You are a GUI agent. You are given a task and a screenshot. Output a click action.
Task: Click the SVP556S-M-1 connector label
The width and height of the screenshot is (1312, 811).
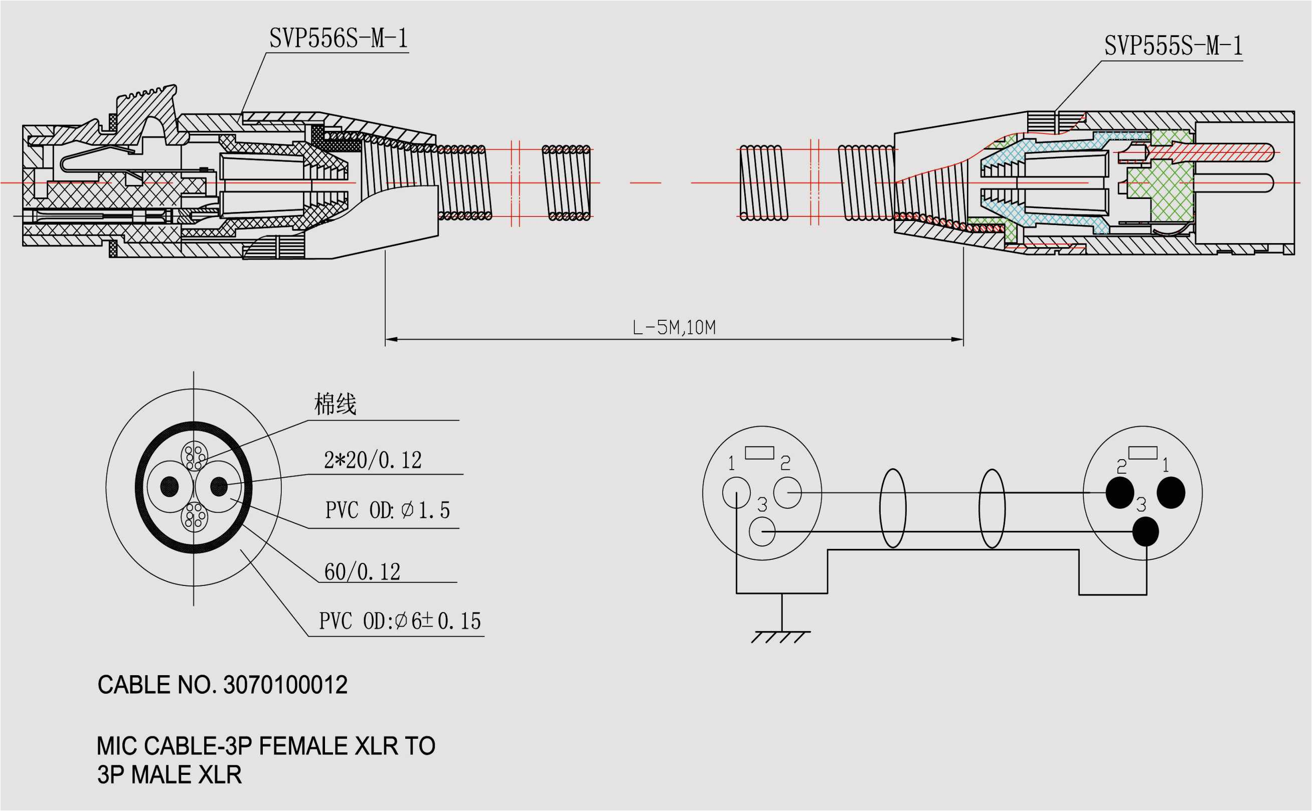click(338, 39)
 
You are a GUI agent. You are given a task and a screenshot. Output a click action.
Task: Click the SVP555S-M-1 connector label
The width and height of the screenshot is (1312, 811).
click(1173, 46)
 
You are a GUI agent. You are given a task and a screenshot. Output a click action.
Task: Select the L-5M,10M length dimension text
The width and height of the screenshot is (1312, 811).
click(674, 327)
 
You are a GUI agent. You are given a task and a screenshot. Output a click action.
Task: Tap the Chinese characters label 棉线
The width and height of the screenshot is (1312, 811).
click(335, 404)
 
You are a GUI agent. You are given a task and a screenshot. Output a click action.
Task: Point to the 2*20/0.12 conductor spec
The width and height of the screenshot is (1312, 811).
click(373, 460)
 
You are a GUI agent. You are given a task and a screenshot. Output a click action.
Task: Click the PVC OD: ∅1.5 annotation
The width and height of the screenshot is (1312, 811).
click(387, 510)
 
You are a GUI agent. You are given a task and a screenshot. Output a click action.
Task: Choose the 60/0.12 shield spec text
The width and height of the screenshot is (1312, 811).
click(362, 572)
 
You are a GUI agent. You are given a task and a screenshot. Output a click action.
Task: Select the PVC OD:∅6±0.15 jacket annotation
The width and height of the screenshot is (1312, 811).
click(400, 621)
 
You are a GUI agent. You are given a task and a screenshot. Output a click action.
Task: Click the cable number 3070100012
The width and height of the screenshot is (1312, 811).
click(285, 685)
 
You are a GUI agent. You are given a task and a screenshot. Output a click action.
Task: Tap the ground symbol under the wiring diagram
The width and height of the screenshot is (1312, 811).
click(781, 636)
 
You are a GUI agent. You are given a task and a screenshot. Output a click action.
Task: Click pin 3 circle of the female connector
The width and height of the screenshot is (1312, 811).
click(762, 531)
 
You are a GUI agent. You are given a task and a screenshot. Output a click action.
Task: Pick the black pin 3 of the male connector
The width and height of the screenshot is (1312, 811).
click(1145, 531)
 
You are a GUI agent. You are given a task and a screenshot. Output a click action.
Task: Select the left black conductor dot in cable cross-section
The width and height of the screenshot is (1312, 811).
click(170, 487)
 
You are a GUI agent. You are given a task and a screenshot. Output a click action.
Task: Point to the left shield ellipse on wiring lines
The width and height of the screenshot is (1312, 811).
click(892, 508)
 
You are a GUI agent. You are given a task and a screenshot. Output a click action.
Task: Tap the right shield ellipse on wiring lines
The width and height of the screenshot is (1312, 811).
click(992, 508)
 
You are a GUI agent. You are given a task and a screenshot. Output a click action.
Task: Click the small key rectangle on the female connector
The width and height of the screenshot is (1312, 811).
click(759, 453)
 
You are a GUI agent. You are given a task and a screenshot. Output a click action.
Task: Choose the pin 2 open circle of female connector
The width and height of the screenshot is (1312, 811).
click(787, 492)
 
